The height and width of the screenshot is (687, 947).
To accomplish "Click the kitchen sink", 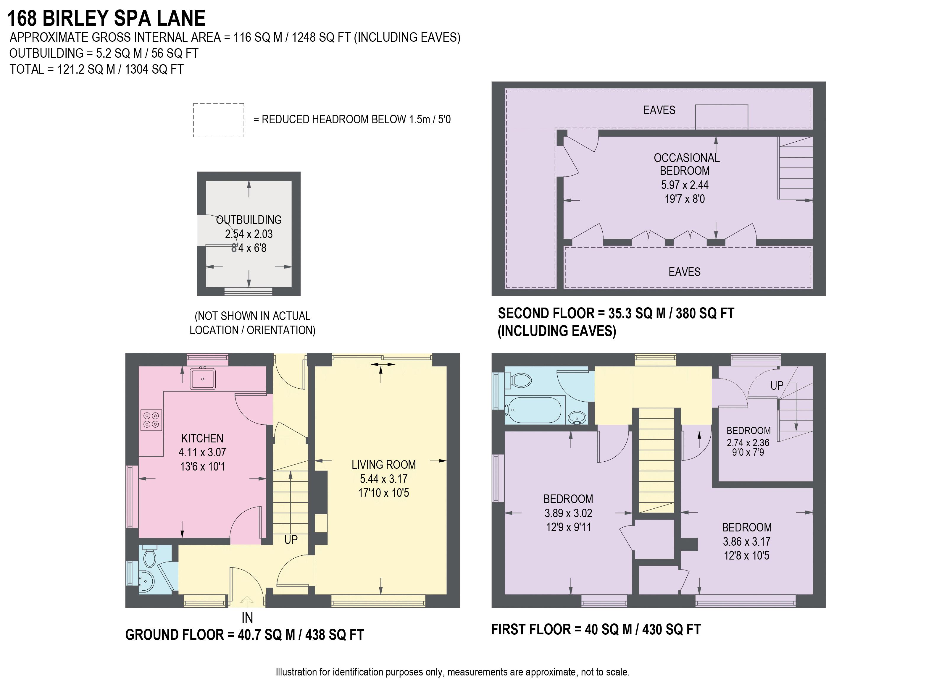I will pos(203,379).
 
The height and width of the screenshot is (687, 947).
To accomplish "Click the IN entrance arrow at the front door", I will pos(247,602).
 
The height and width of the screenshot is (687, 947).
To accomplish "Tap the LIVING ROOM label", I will pos(383,465).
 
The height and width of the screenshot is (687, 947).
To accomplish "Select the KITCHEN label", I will pos(202,438).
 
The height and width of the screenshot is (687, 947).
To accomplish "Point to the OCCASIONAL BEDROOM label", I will pos(686,164).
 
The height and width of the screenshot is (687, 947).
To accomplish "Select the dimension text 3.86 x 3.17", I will pos(747,541).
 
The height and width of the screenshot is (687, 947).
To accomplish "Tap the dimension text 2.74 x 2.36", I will pos(748,443).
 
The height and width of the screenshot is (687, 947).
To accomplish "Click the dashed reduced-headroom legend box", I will pos(218,120).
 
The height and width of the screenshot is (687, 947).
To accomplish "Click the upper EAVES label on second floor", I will pos(659,110).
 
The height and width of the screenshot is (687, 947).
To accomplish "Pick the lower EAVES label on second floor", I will pos(684,272).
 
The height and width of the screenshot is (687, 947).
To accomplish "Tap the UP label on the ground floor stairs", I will pos(291,540).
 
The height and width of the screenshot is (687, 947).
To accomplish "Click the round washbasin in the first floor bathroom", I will pos(577,416).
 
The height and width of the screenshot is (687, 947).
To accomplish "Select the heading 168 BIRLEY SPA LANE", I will pos(107,18).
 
